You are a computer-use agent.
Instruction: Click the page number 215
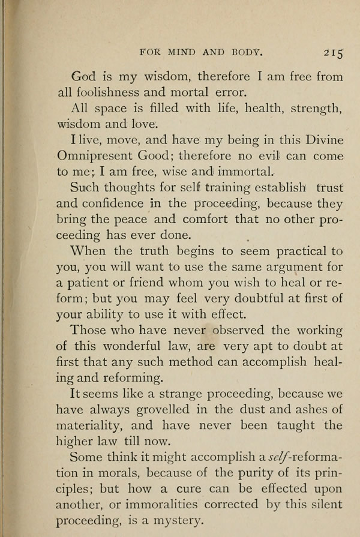click(331, 53)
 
